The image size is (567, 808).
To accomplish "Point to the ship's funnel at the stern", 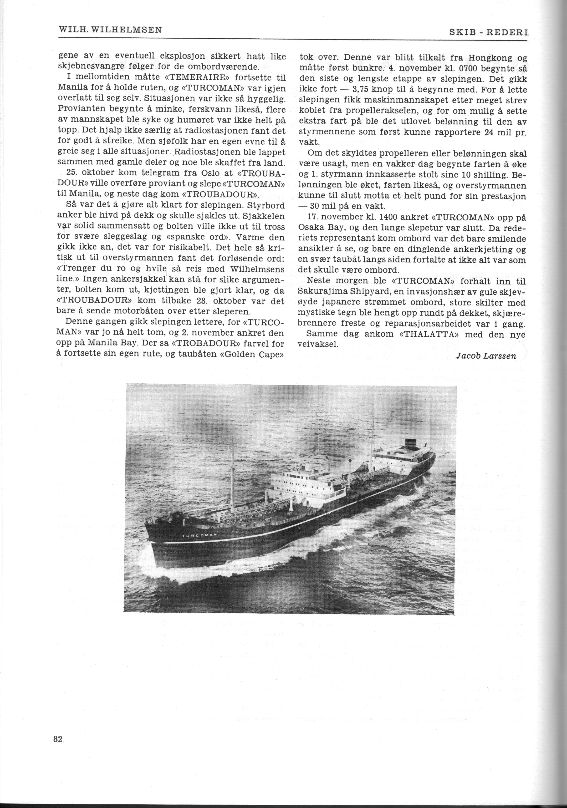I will pyautogui.click(x=410, y=443).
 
